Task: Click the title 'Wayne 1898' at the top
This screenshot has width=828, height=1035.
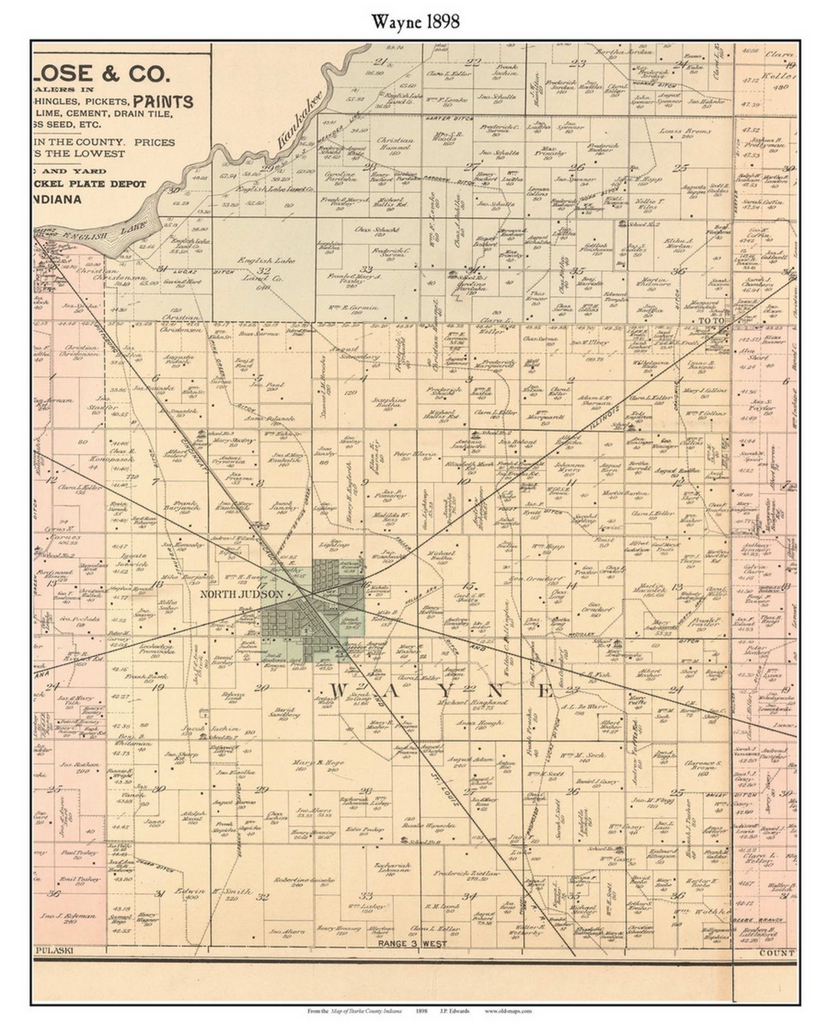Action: tap(416, 21)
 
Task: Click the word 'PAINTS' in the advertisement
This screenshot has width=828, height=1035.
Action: tap(163, 101)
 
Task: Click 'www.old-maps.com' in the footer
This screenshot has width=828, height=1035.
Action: tap(507, 1010)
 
